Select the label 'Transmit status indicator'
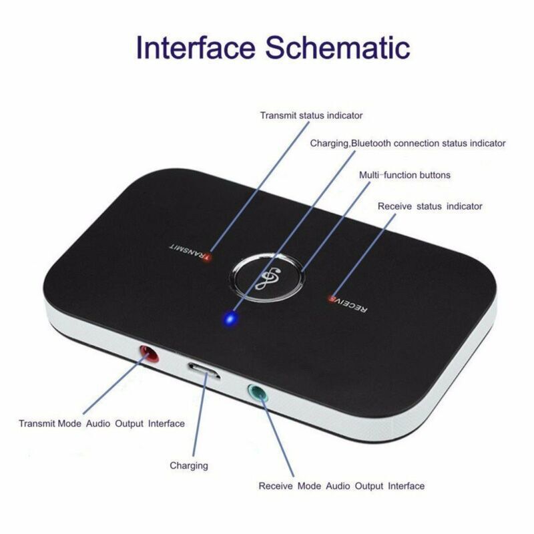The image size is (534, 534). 312,115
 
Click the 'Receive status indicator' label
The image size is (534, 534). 430,206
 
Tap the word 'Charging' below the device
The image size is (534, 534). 189,465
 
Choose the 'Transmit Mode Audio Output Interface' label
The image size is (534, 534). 101,423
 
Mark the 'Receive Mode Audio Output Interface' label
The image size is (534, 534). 341,486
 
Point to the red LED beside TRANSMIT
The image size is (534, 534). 207,258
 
